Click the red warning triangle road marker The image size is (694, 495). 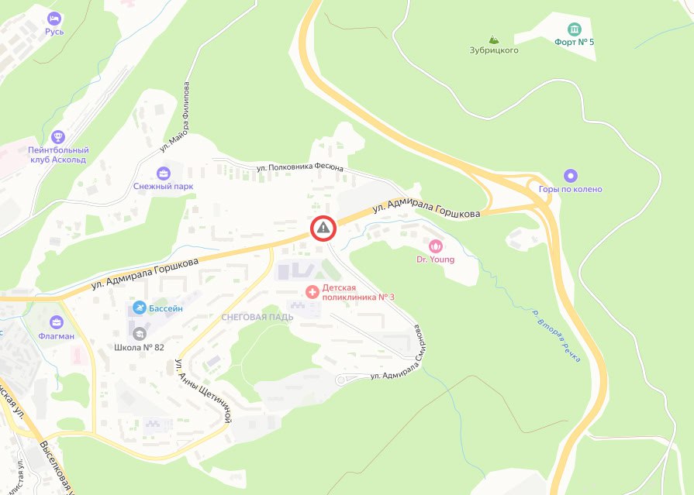pos(323,228)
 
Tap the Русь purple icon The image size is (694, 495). pos(54,18)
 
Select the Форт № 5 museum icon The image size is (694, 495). pos(574,29)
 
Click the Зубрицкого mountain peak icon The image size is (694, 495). pos(494,39)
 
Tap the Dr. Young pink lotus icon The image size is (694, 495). pos(435,246)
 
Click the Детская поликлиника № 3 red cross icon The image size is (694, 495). pos(312,292)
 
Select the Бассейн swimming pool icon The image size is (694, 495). pos(139,308)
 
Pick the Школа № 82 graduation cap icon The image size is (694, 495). pos(140,334)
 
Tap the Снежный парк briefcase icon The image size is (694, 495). pos(163,173)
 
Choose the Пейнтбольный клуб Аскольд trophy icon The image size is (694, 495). pos(57,136)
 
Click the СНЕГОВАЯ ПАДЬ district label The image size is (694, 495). pos(256,318)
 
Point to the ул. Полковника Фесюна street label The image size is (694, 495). pos(301,167)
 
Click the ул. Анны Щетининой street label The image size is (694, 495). pos(203,390)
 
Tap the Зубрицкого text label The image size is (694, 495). pos(494,50)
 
